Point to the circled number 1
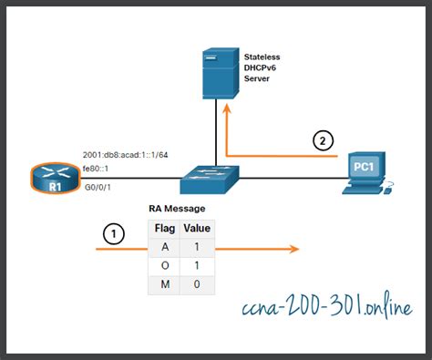click(112, 235)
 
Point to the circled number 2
click(322, 140)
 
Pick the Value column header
click(198, 228)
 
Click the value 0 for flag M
click(198, 284)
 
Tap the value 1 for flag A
click(198, 247)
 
